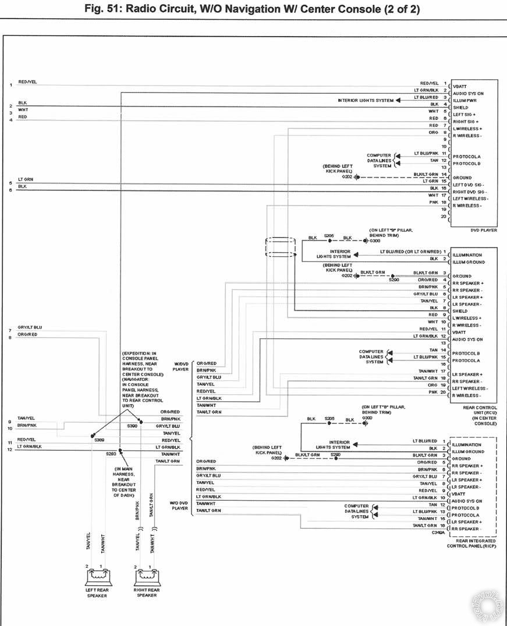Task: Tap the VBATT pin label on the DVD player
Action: click(x=460, y=86)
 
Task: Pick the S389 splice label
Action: click(x=99, y=440)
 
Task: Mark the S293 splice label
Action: click(x=111, y=454)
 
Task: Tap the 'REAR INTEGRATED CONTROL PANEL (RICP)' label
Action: click(x=471, y=543)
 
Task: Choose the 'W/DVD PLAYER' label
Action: click(x=181, y=367)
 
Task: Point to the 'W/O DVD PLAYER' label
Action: click(x=179, y=505)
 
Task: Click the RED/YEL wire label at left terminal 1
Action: click(x=27, y=82)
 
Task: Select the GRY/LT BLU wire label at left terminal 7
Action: click(x=30, y=328)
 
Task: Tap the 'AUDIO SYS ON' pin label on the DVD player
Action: click(x=468, y=93)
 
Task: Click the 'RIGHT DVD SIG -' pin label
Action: click(x=470, y=192)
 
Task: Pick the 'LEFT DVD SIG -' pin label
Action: click(x=469, y=185)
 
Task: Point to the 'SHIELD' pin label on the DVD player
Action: click(x=460, y=108)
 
